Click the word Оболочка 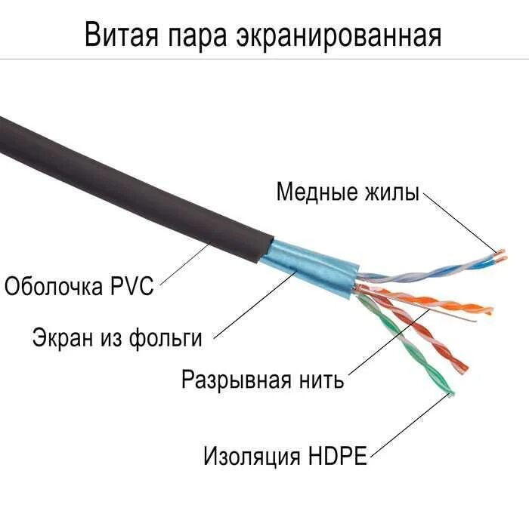(x=57, y=286)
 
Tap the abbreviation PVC (x=135, y=286)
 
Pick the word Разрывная (x=235, y=379)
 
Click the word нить (x=320, y=379)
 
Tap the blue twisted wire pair (x=423, y=267)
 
